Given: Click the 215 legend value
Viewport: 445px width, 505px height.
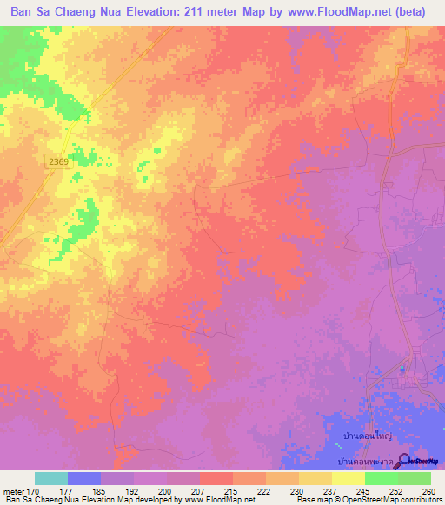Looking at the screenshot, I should [x=230, y=491].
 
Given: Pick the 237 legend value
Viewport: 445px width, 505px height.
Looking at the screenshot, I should [x=329, y=491].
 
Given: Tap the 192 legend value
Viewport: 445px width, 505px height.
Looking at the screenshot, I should [x=133, y=491].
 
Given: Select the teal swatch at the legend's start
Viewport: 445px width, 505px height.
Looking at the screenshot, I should [x=51, y=478].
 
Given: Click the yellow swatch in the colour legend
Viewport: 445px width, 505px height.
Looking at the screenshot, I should [x=348, y=478].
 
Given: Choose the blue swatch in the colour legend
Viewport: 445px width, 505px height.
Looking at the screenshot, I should [x=84, y=478].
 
